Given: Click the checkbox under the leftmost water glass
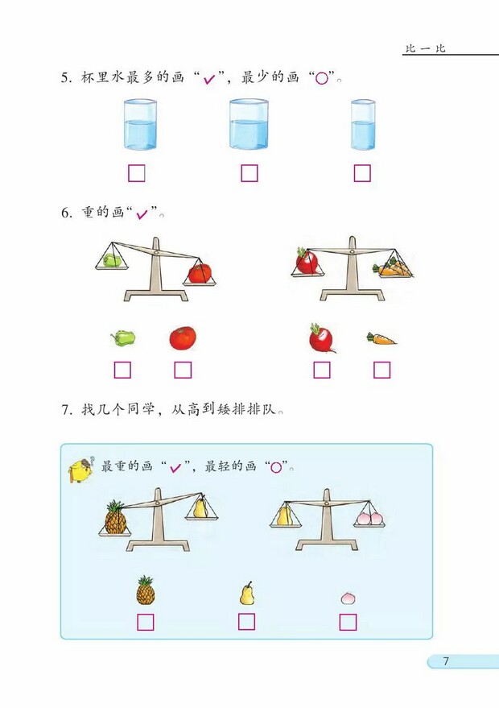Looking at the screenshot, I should [136, 173].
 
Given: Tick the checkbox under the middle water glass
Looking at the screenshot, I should [249, 173].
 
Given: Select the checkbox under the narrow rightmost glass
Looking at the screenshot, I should [362, 173].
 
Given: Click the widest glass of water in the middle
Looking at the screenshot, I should [249, 125].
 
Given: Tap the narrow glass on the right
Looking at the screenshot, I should [363, 125].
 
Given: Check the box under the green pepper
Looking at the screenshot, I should [122, 370].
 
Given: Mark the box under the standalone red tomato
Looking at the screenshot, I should [183, 370].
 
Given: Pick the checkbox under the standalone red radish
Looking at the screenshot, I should [322, 370].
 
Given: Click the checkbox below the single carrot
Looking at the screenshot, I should [381, 370].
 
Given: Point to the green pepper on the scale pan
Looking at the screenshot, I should [111, 260].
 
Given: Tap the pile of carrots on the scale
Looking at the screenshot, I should [394, 268].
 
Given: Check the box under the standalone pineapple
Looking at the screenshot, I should [146, 622].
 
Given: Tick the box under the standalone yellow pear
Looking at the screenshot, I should [246, 621].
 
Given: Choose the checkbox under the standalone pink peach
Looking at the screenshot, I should [348, 622].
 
